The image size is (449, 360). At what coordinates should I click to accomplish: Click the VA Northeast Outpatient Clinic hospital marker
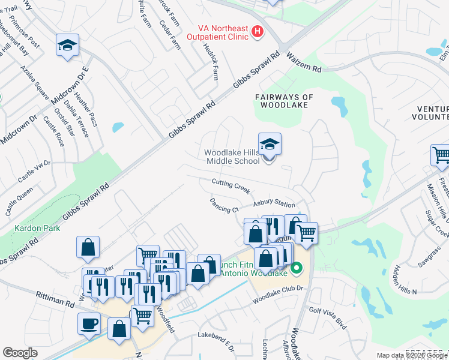pos(258,32)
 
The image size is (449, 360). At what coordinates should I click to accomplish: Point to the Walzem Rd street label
pos(304,64)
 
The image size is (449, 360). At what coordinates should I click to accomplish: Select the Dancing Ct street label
pos(224,205)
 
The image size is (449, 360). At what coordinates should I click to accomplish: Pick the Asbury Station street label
pos(274,204)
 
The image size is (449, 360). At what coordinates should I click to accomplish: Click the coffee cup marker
pos(89,323)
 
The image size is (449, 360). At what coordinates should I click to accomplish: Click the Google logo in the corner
pos(20,353)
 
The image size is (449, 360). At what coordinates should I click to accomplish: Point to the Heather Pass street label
pos(85,105)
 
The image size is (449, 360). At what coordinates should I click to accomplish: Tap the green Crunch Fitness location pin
pos(296,268)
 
